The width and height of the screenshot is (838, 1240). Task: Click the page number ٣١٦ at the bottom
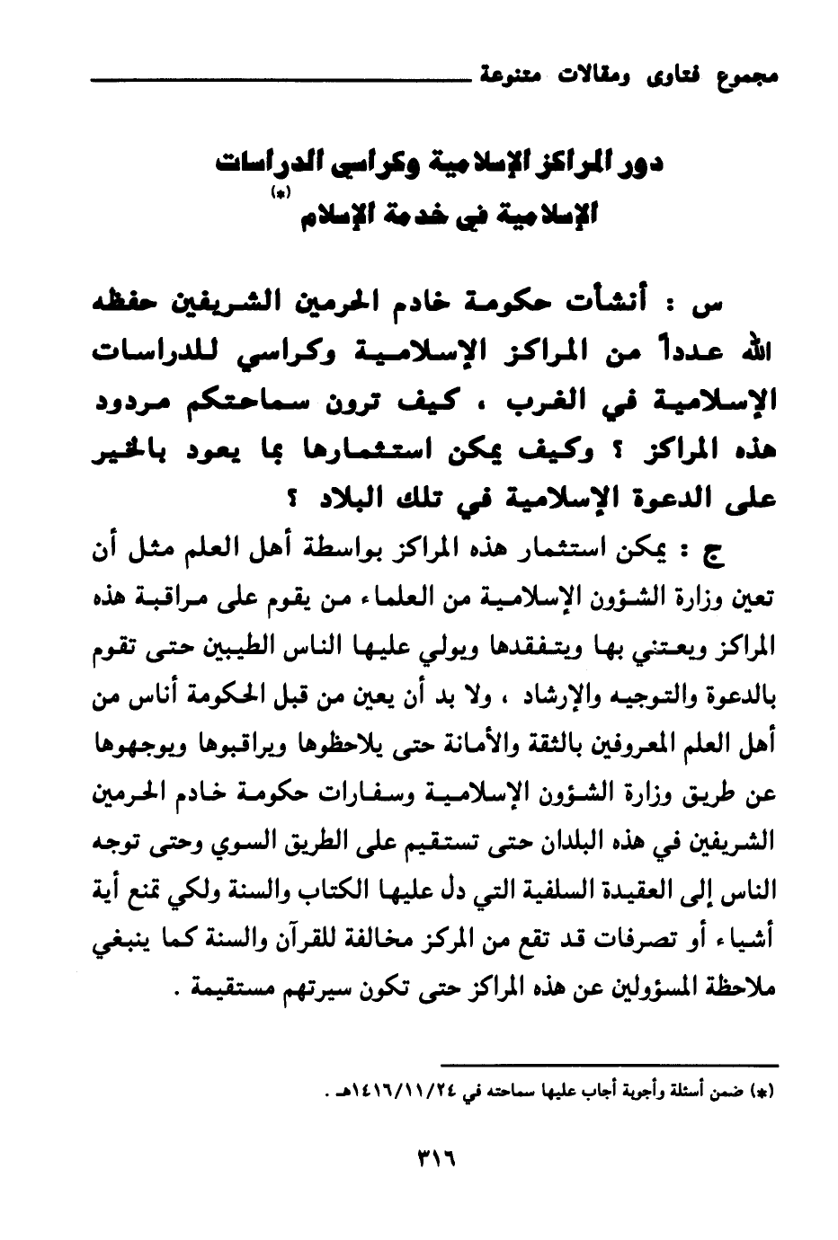pos(432,1158)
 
